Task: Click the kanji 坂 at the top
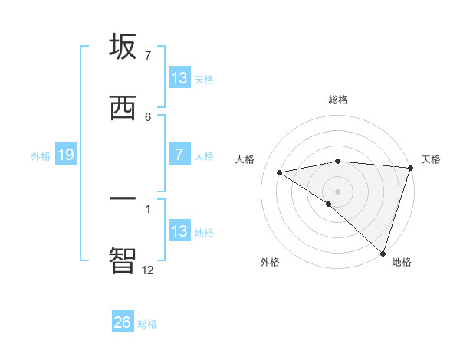coord(123,47)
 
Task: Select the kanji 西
coord(123,108)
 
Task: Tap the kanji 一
coord(123,198)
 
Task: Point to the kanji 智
coord(123,259)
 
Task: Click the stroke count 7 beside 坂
coord(147,56)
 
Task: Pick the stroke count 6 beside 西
coord(147,116)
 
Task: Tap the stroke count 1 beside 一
coord(147,208)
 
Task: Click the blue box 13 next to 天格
coord(179,78)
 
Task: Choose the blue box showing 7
coord(179,155)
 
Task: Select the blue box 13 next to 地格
coord(179,231)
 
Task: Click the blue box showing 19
coord(65,155)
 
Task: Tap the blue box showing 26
coord(123,322)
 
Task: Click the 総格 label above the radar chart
coord(338,100)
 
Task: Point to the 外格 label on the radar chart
coord(270,262)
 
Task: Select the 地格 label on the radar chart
coord(402,262)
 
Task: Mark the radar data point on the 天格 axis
coord(411,168)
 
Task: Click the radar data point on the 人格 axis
coord(280,172)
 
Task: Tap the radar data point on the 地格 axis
coord(383,253)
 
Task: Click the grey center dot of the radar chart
coord(338,191)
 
